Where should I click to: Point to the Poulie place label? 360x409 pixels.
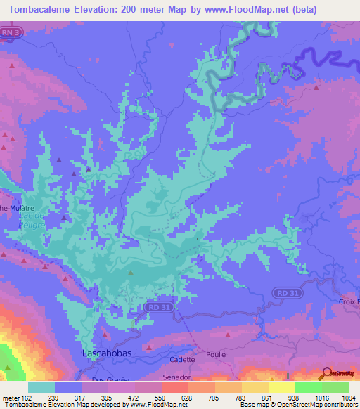pos(216,354)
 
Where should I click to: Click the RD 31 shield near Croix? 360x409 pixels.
pos(283,292)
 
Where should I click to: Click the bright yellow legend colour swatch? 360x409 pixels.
pos(281,387)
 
